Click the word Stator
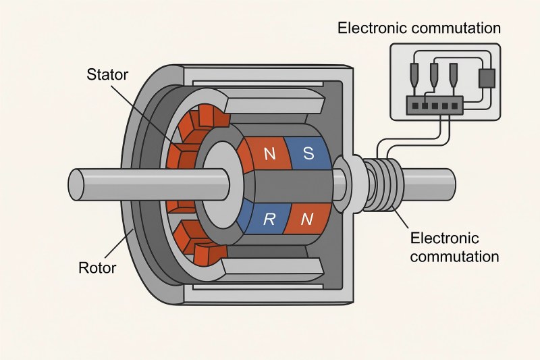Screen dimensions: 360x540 (x=107, y=74)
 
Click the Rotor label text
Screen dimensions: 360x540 (x=97, y=267)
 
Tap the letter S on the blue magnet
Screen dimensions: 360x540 (x=308, y=153)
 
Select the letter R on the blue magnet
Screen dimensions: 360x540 (x=269, y=218)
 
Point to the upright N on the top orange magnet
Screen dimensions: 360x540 (x=269, y=154)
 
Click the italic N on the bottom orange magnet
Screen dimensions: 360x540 (x=307, y=218)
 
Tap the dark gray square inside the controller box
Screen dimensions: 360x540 (x=486, y=78)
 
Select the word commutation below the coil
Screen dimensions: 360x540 (x=454, y=257)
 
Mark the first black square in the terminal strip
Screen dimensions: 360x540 (x=409, y=105)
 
